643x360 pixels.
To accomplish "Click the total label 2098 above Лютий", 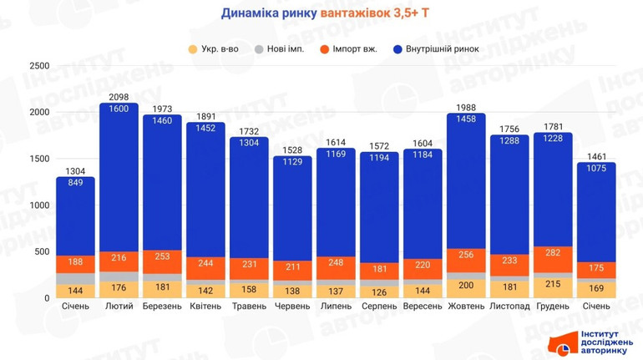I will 118,97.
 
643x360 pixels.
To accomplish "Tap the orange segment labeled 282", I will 553,251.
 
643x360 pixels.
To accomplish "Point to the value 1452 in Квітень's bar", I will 205,128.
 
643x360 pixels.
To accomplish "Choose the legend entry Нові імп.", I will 280,49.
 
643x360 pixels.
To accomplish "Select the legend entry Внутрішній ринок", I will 435,49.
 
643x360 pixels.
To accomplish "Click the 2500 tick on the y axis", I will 39,66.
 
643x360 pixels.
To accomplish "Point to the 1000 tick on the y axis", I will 39,205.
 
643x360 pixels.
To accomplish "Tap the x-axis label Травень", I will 249,307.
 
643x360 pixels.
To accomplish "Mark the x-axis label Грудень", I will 553,307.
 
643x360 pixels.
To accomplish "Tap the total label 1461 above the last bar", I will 596,156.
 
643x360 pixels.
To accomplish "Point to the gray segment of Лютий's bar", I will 118,276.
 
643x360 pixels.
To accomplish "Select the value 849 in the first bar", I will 75,183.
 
